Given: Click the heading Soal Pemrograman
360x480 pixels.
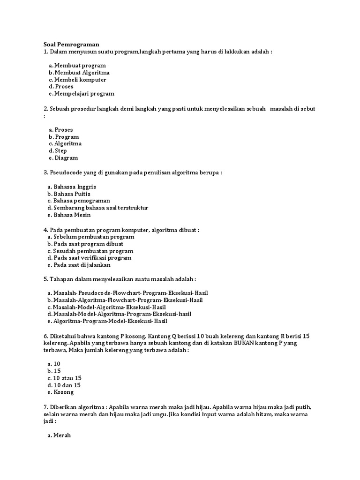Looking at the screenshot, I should coord(71,44).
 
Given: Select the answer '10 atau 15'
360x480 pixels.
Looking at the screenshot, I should coord(67,378).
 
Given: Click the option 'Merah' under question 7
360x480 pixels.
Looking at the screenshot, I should coord(62,435).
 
